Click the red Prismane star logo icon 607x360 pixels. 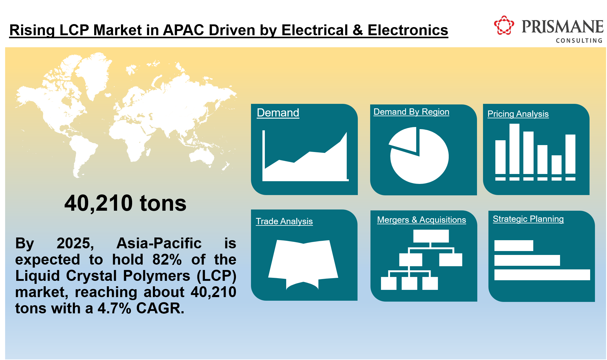504,26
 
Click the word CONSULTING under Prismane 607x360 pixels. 579,40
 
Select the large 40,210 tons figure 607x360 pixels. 125,203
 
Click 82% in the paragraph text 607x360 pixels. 167,259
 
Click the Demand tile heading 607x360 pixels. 278,113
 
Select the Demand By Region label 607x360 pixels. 411,112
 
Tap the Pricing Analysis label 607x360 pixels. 518,114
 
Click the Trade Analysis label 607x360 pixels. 284,221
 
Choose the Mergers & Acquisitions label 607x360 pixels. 421,220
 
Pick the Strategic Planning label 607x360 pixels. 528,219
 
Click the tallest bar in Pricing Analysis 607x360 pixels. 514,149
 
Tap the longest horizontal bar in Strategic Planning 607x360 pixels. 542,275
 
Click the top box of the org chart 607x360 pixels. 431,236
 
